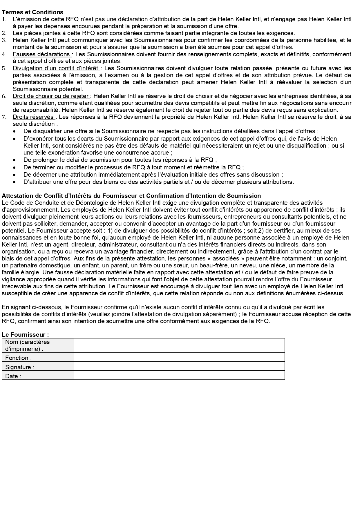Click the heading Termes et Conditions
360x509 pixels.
coord(32,12)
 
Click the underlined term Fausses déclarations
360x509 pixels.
coord(41,54)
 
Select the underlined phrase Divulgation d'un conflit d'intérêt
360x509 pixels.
coord(56,68)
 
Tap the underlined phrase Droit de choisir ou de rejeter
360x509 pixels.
coord(51,96)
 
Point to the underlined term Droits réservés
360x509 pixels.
coord(34,117)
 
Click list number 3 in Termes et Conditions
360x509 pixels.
coord(4,40)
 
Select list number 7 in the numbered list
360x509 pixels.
coord(4,117)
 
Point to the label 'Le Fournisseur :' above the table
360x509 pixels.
coord(25,335)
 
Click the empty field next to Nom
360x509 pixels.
coord(179,345)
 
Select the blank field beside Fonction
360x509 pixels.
coord(179,357)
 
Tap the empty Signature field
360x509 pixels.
coord(179,366)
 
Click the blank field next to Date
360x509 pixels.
coord(179,375)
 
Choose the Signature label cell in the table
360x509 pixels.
coord(38,367)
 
